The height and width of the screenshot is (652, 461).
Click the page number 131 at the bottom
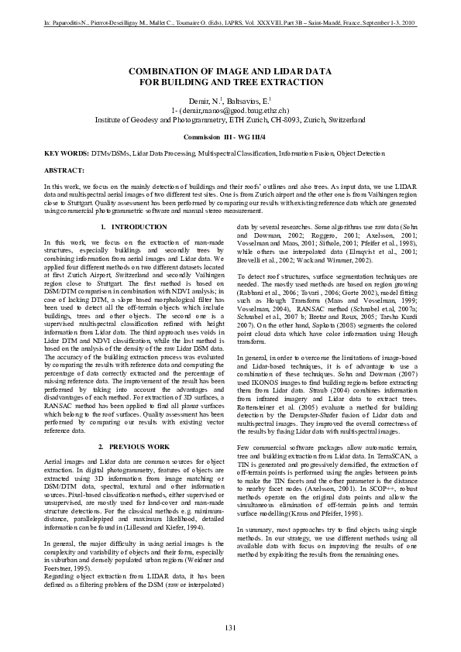(230, 626)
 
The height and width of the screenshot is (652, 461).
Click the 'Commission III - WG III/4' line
(230, 136)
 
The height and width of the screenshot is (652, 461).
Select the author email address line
(230, 111)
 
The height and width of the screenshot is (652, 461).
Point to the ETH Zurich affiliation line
(230, 120)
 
